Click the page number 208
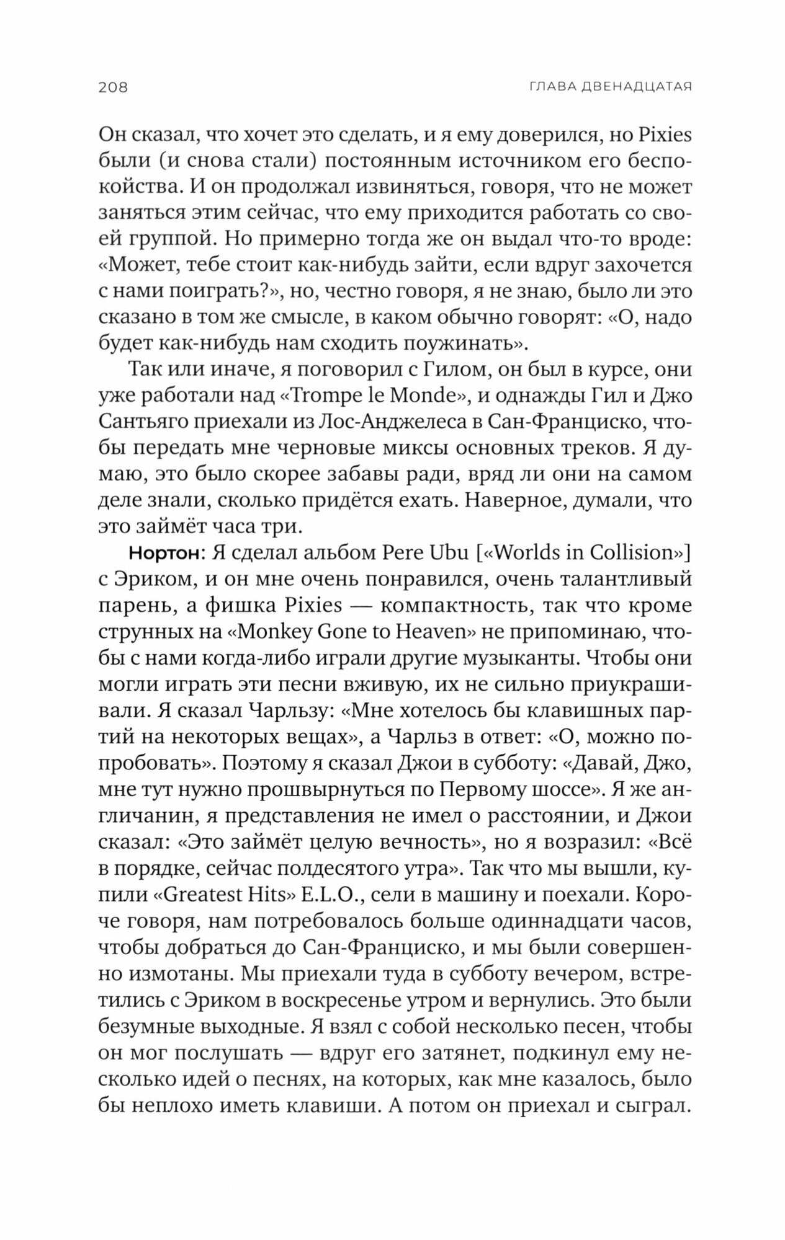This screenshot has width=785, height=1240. click(113, 87)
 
